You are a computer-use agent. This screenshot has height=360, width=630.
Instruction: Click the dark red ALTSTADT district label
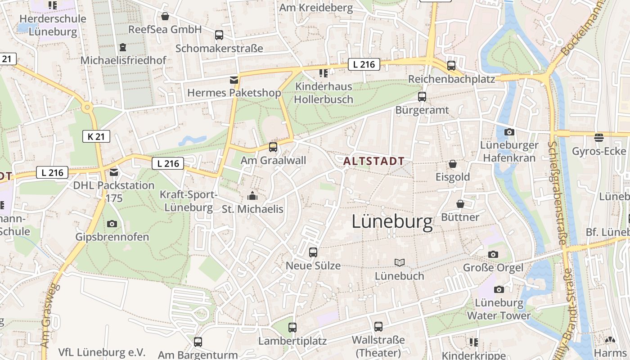(x=373, y=161)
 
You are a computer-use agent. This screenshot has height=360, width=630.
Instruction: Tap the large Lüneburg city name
(x=392, y=221)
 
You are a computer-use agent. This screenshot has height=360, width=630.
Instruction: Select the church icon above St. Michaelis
(x=252, y=196)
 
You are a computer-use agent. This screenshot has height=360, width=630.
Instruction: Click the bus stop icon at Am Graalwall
(x=273, y=147)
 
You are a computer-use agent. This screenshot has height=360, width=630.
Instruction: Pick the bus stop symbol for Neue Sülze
(x=313, y=252)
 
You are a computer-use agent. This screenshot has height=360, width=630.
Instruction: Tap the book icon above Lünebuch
(x=399, y=262)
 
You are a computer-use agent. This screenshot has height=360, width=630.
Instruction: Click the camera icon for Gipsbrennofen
(x=112, y=224)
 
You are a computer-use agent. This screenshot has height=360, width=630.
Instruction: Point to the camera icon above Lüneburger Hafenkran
(x=509, y=132)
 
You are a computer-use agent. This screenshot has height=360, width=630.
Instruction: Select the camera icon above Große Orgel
(x=493, y=254)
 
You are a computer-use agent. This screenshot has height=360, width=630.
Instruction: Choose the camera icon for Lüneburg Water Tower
(x=499, y=289)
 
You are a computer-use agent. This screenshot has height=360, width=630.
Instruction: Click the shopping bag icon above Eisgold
(x=452, y=164)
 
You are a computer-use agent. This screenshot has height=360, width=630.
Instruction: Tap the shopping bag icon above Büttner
(x=460, y=204)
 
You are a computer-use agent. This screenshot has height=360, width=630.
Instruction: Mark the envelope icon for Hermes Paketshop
(x=234, y=80)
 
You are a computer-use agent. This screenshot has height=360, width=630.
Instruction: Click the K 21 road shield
(x=96, y=136)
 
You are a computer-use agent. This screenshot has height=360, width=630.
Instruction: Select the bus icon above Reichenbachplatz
(x=451, y=66)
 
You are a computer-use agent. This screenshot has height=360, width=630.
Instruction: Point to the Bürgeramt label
(x=422, y=110)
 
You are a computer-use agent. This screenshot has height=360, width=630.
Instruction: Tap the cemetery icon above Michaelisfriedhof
(x=123, y=47)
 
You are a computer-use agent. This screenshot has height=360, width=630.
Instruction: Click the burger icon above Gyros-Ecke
(x=598, y=137)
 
